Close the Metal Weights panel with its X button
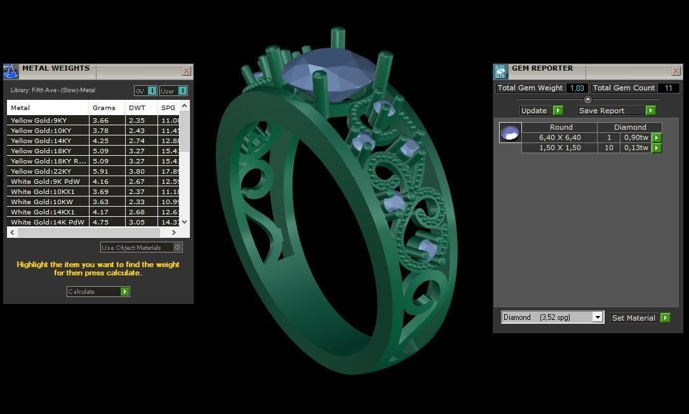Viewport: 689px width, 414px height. click(186, 71)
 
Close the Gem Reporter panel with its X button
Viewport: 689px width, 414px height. click(676, 71)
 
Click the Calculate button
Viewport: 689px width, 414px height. click(98, 291)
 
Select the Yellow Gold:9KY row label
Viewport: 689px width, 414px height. click(39, 120)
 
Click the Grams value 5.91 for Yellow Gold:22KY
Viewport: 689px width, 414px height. click(101, 171)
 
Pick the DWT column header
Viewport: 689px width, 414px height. click(137, 107)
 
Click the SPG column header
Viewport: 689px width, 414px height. click(168, 107)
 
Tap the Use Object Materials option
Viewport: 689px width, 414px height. click(141, 247)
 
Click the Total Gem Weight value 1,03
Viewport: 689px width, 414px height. click(577, 88)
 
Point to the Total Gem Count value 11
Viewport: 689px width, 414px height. click(668, 88)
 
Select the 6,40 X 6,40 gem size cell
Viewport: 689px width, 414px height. click(559, 137)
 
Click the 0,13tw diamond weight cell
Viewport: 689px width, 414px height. click(635, 148)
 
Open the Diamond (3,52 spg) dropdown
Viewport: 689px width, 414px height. click(552, 317)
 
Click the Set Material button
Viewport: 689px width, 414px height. click(640, 317)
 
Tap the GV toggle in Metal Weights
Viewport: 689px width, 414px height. click(145, 91)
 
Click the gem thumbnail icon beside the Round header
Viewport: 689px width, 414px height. click(510, 132)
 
